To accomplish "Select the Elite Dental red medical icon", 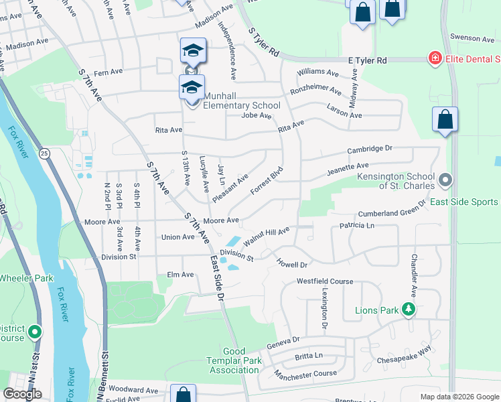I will click(x=435, y=60).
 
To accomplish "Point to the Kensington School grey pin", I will click(x=447, y=180).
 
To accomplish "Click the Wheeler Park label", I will click(x=25, y=277).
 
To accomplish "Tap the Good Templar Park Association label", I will click(x=234, y=360).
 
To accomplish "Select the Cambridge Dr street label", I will click(x=369, y=149).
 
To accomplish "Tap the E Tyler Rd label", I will click(x=368, y=60).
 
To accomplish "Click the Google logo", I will click(x=22, y=394).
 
